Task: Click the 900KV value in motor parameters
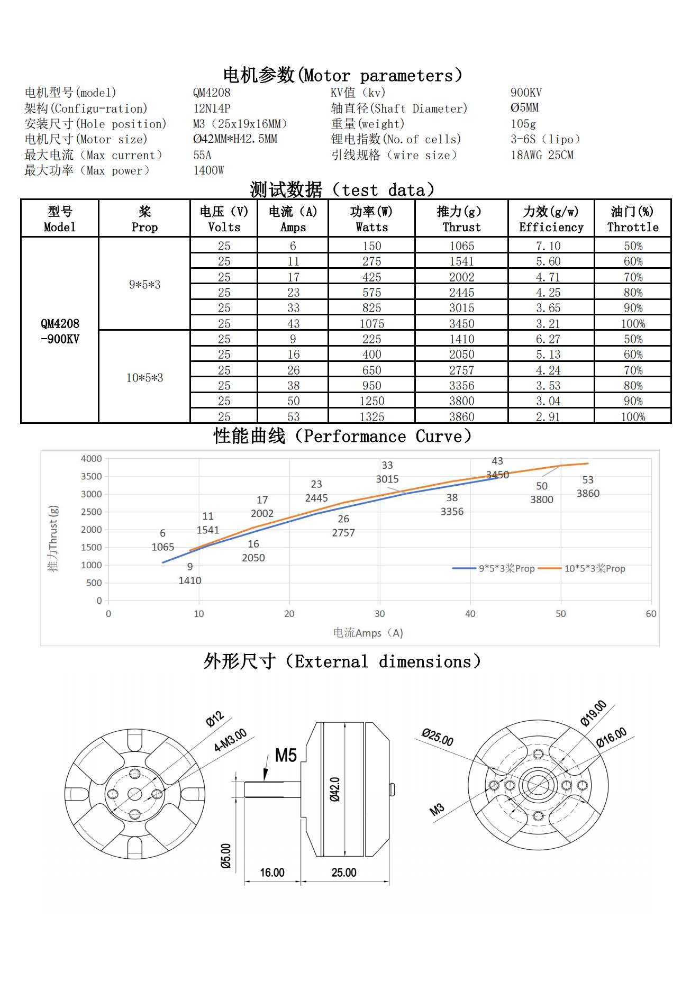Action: point(526,93)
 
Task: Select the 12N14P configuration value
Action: point(212,108)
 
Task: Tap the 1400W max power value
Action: point(208,170)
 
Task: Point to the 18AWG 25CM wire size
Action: point(542,155)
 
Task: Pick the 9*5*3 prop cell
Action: point(144,284)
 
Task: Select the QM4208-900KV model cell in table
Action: point(60,331)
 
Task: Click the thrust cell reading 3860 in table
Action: point(461,416)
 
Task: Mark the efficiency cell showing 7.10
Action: point(548,246)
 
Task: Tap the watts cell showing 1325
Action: point(371,416)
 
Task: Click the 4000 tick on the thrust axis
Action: point(92,459)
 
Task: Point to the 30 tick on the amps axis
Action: point(380,614)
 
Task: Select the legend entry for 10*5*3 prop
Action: point(594,568)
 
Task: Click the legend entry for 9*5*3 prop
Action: point(506,568)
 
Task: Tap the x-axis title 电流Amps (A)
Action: point(368,633)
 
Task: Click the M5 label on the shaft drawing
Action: point(286,755)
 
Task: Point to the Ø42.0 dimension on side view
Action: point(334,789)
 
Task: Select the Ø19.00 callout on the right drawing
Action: point(593,713)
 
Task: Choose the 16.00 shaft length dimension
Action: point(272,873)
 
